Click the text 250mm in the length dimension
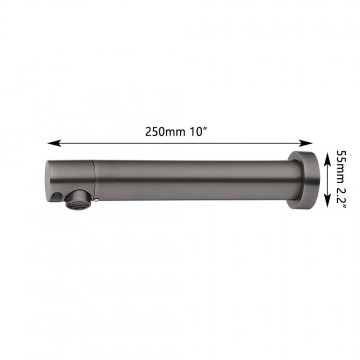point(165,132)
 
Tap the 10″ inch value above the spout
point(199,132)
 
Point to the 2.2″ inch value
point(341,196)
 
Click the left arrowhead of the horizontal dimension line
point(54,143)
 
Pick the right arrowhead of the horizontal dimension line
point(306,143)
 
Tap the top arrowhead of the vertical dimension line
point(329,156)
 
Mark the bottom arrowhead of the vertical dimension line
point(329,201)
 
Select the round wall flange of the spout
point(304,180)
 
